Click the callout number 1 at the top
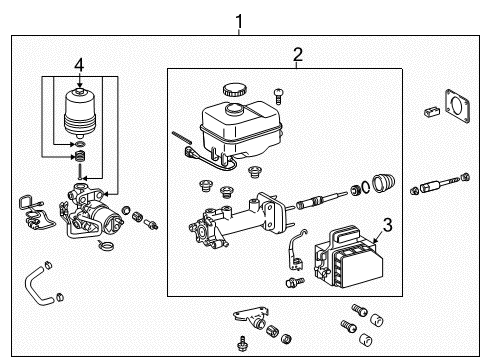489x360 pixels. click(238, 20)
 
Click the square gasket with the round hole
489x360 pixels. click(459, 111)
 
